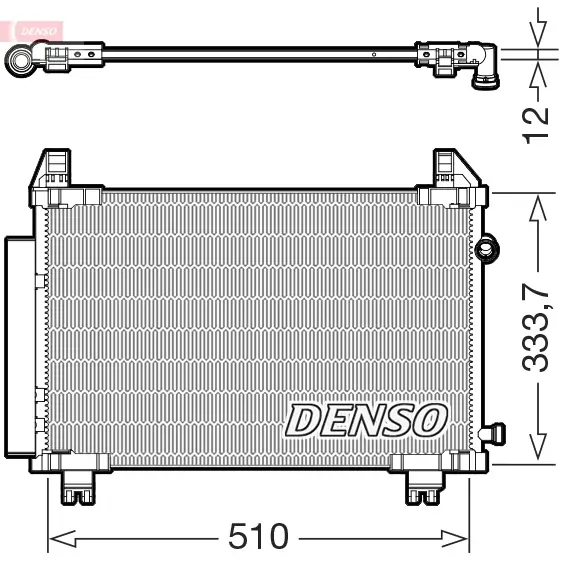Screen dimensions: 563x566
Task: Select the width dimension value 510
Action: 258,538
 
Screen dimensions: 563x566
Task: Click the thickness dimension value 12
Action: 537,121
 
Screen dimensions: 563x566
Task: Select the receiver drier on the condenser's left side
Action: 20,346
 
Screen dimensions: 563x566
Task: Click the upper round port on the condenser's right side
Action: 488,247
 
